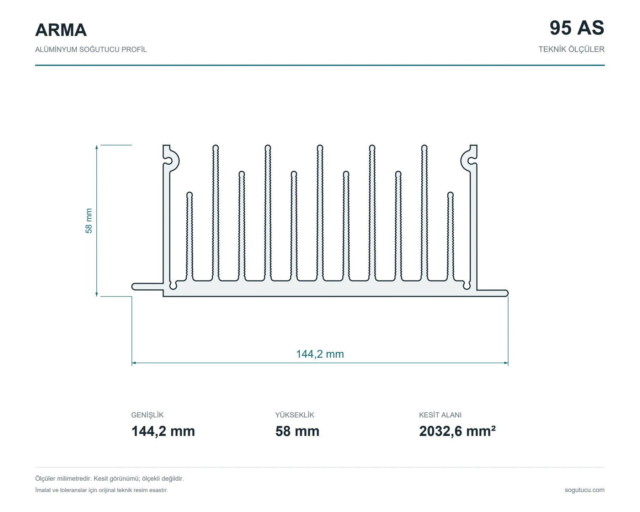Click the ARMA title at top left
(x=61, y=30)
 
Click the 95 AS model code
(x=577, y=28)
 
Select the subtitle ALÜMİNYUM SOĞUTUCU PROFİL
(x=91, y=49)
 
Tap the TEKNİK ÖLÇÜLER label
(x=571, y=49)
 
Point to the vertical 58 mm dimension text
(x=89, y=221)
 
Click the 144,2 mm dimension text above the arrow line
(x=320, y=354)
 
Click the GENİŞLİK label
(x=147, y=415)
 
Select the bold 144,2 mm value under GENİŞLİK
(x=163, y=431)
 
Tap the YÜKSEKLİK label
(x=295, y=415)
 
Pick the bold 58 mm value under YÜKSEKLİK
(x=297, y=431)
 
